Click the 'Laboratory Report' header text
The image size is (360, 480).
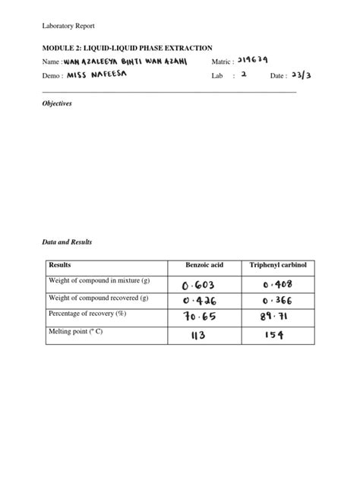tap(68, 26)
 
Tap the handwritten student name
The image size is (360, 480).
tap(125, 61)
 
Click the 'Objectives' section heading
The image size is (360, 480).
tap(56, 103)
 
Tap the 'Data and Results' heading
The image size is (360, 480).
tap(66, 242)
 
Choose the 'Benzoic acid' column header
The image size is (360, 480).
tap(206, 266)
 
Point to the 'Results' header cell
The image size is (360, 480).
tap(59, 266)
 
